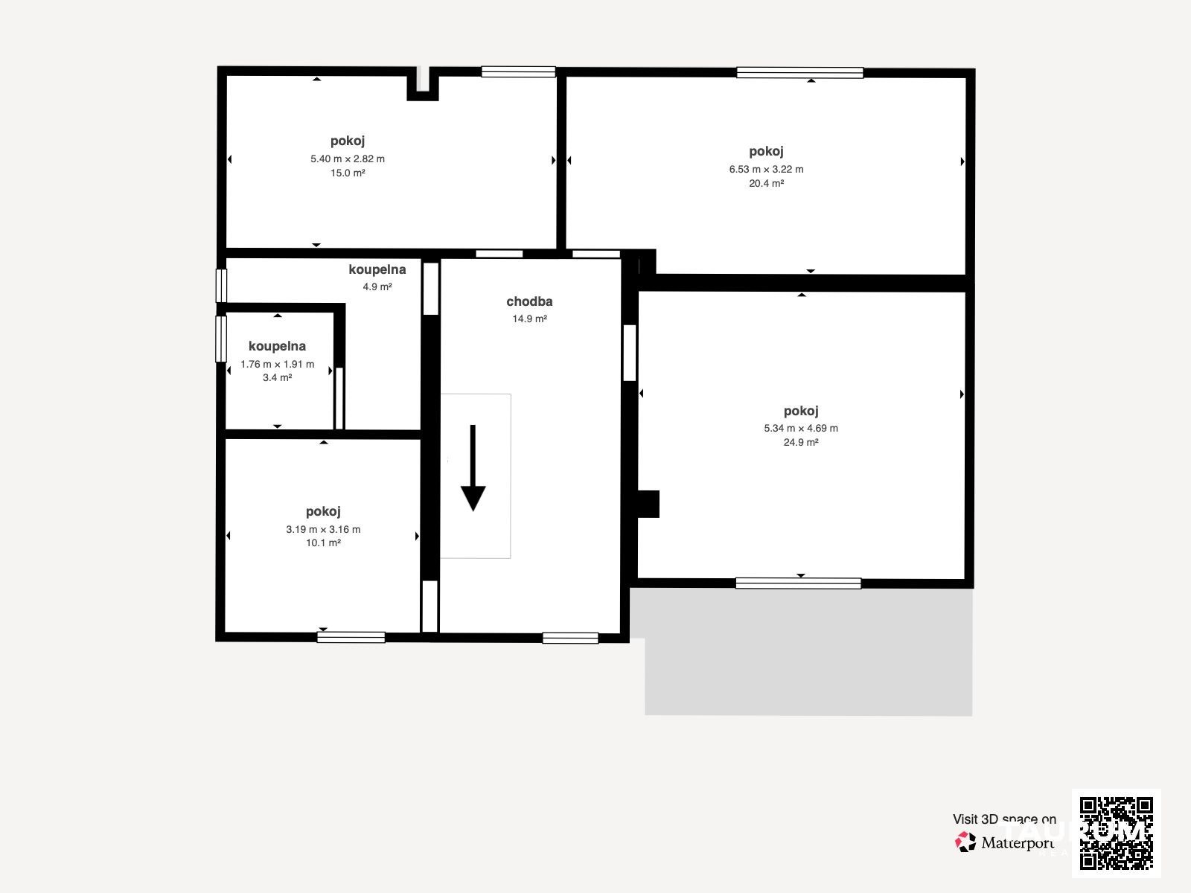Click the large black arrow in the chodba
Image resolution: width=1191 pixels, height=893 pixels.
coord(473,467)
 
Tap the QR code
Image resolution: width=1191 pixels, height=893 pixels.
coord(1116,833)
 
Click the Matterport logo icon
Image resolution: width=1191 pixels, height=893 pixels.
coord(965,842)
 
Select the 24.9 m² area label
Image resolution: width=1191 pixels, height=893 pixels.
coord(801,443)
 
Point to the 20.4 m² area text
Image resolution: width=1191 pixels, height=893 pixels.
coord(766,183)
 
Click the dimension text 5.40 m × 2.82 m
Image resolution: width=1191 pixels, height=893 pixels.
coord(348,159)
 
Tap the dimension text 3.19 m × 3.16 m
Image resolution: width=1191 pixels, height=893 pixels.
coord(323,529)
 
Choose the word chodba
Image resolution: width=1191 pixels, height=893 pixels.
coord(529,301)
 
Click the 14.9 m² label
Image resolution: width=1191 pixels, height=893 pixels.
coord(529,319)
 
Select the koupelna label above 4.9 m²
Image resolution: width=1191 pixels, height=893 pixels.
coord(377,269)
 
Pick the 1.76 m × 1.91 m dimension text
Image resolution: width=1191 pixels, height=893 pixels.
coord(277,365)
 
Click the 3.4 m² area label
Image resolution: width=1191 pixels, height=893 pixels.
coord(277,377)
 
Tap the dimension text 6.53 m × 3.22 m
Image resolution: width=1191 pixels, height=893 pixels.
coord(766,169)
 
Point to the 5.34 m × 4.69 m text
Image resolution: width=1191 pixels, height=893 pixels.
coord(801,429)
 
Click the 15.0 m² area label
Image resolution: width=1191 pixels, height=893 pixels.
coord(348,173)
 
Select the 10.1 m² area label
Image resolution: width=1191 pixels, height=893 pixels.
coord(323,542)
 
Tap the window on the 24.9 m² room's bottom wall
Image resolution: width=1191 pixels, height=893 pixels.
coord(798,583)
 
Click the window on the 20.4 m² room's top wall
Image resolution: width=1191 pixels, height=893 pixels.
coord(799,73)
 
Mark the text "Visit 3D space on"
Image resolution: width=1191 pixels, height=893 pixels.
coord(1004,819)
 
